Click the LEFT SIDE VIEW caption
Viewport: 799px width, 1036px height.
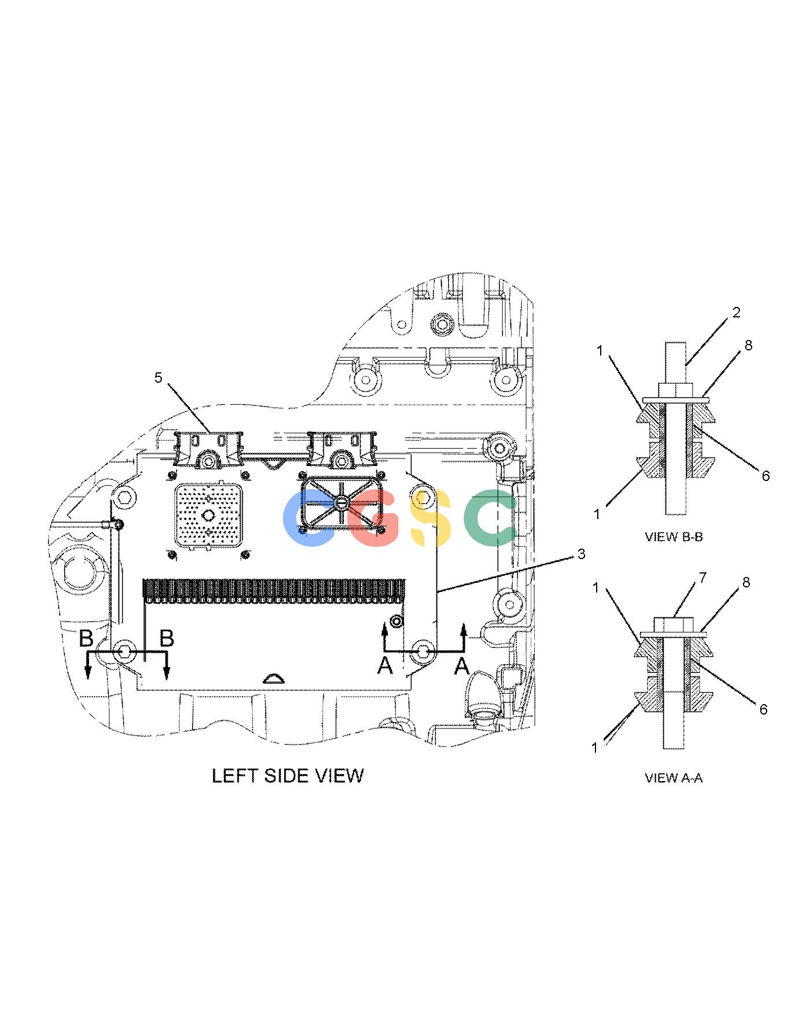click(x=287, y=775)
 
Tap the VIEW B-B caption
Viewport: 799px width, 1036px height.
click(x=674, y=536)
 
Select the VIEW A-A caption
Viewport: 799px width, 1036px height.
click(x=674, y=778)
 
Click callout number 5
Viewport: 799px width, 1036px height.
click(x=158, y=378)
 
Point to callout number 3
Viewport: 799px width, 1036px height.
click(x=581, y=554)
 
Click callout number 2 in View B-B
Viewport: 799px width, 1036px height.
click(x=736, y=313)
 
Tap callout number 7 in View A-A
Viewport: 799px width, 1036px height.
click(x=703, y=578)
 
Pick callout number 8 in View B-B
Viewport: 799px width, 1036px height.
click(x=748, y=346)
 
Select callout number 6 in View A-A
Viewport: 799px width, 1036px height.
click(x=763, y=709)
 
